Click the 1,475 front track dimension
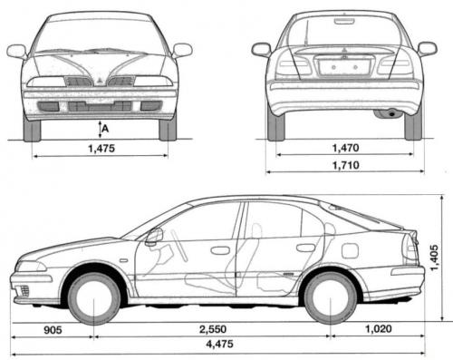[101, 149]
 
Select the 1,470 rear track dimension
[345, 148]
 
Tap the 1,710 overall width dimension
[346, 165]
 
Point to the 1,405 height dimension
[434, 258]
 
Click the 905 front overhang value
[53, 330]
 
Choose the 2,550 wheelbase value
[213, 329]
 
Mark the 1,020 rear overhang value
[379, 328]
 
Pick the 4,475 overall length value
[219, 344]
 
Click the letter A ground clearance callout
[105, 129]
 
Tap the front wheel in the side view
[93, 298]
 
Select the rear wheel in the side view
[331, 297]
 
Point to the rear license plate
[344, 67]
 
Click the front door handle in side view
[220, 250]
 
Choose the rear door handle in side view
[305, 248]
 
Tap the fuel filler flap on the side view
[350, 250]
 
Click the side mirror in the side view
[154, 236]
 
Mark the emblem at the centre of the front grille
[100, 81]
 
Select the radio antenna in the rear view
[307, 33]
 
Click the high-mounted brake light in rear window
[344, 21]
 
